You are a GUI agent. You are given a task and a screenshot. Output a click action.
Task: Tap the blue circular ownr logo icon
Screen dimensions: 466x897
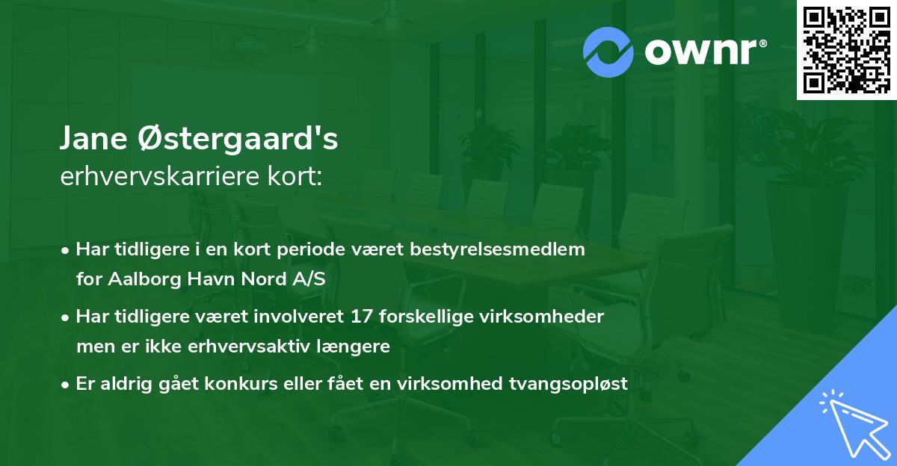[x=608, y=52]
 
